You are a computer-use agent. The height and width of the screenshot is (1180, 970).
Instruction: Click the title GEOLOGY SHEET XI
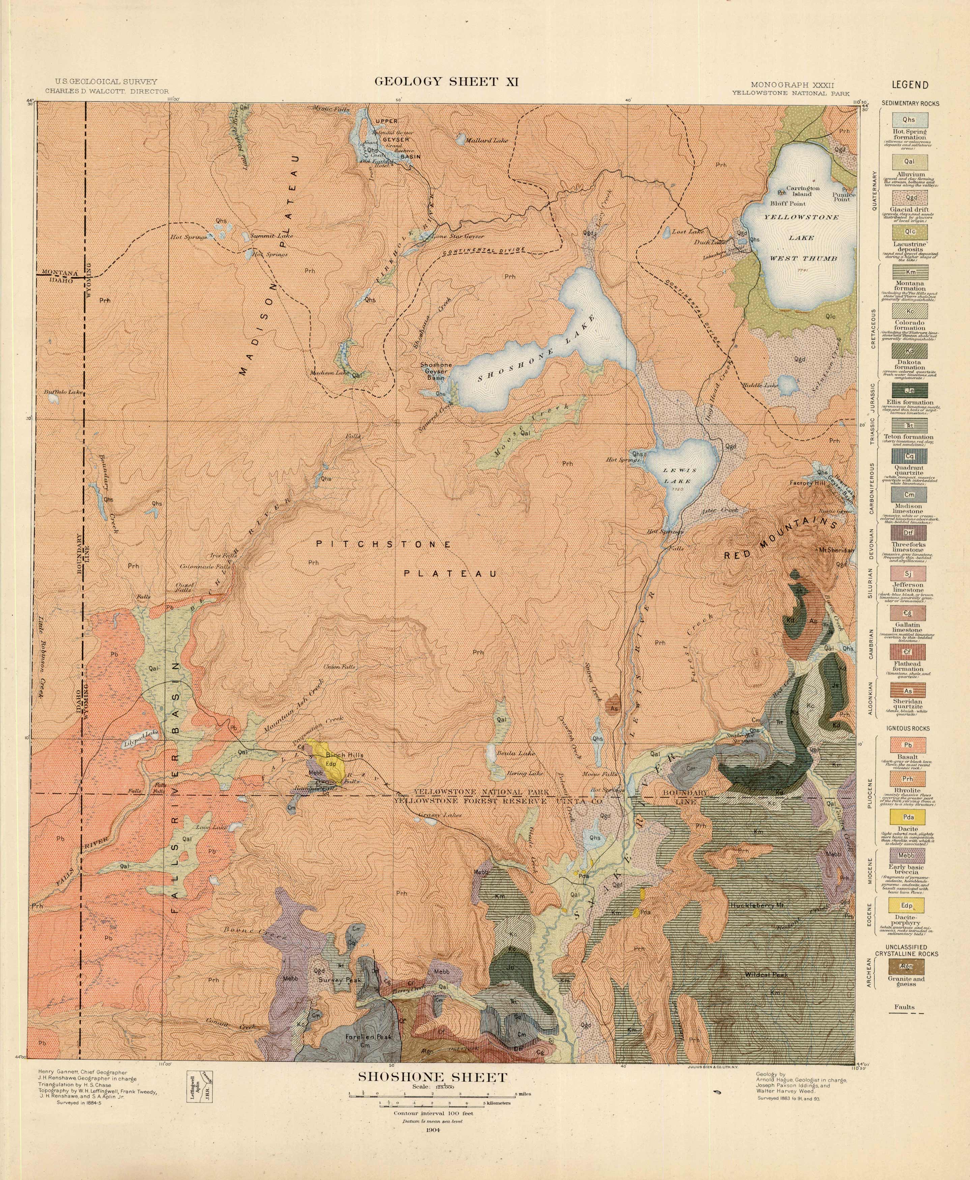pos(447,82)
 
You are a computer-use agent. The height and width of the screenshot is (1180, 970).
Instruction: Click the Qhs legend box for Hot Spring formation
pos(909,119)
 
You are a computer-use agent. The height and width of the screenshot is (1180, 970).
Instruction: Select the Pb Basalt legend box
pos(909,745)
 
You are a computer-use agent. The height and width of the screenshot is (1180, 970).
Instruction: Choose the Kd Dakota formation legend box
pos(909,351)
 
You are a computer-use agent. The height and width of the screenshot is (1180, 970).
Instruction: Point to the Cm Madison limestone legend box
pos(909,495)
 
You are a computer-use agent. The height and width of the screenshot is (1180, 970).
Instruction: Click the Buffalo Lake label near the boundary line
pos(63,392)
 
